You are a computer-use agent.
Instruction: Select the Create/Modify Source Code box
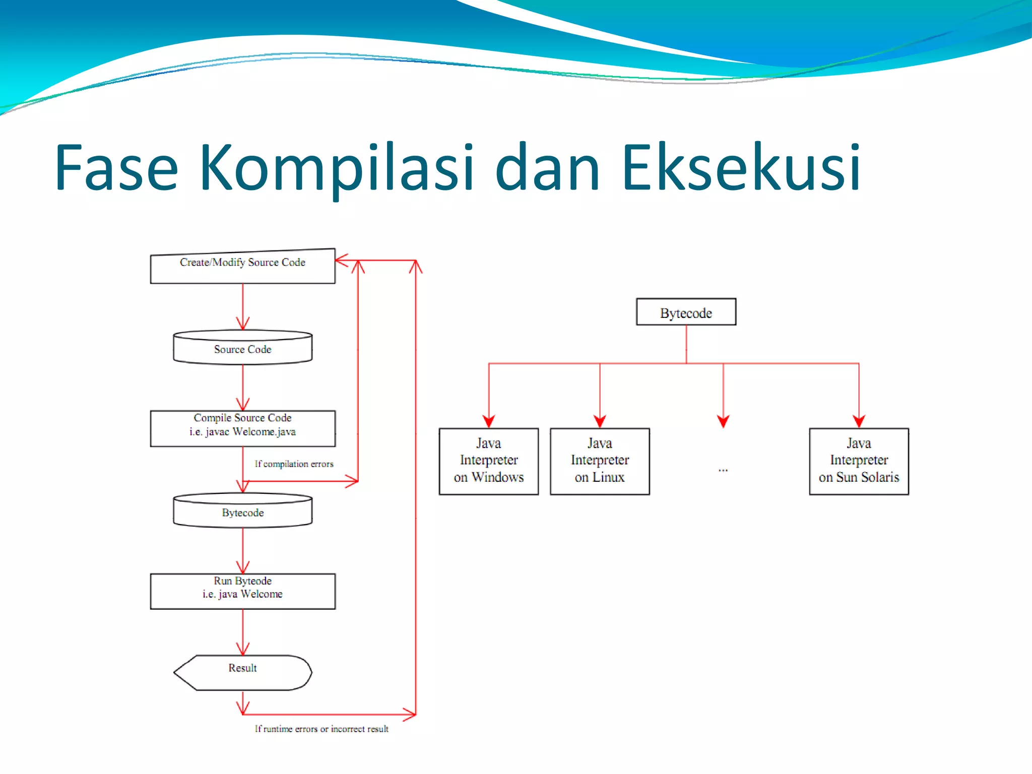click(242, 267)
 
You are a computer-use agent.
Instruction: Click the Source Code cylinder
click(242, 348)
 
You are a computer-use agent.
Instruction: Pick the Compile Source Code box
click(242, 428)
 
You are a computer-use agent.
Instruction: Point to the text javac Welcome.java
click(250, 432)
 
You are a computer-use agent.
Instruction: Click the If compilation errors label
click(294, 464)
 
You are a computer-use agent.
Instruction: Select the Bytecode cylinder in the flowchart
click(242, 511)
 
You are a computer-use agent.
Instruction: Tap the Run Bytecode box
click(242, 591)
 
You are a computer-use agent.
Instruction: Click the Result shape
click(242, 672)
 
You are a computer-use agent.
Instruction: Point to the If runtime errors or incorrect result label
click(321, 729)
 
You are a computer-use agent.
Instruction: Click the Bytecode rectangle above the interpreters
click(686, 312)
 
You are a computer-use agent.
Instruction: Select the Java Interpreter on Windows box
click(488, 461)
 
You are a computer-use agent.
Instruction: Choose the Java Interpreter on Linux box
click(600, 461)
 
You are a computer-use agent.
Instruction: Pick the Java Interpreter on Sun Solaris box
click(859, 461)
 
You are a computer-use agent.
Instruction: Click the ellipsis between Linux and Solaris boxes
click(723, 470)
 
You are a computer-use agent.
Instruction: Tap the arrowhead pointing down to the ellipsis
click(723, 421)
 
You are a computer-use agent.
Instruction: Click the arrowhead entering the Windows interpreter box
click(488, 421)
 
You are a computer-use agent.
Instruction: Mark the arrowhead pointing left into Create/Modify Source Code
click(341, 260)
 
